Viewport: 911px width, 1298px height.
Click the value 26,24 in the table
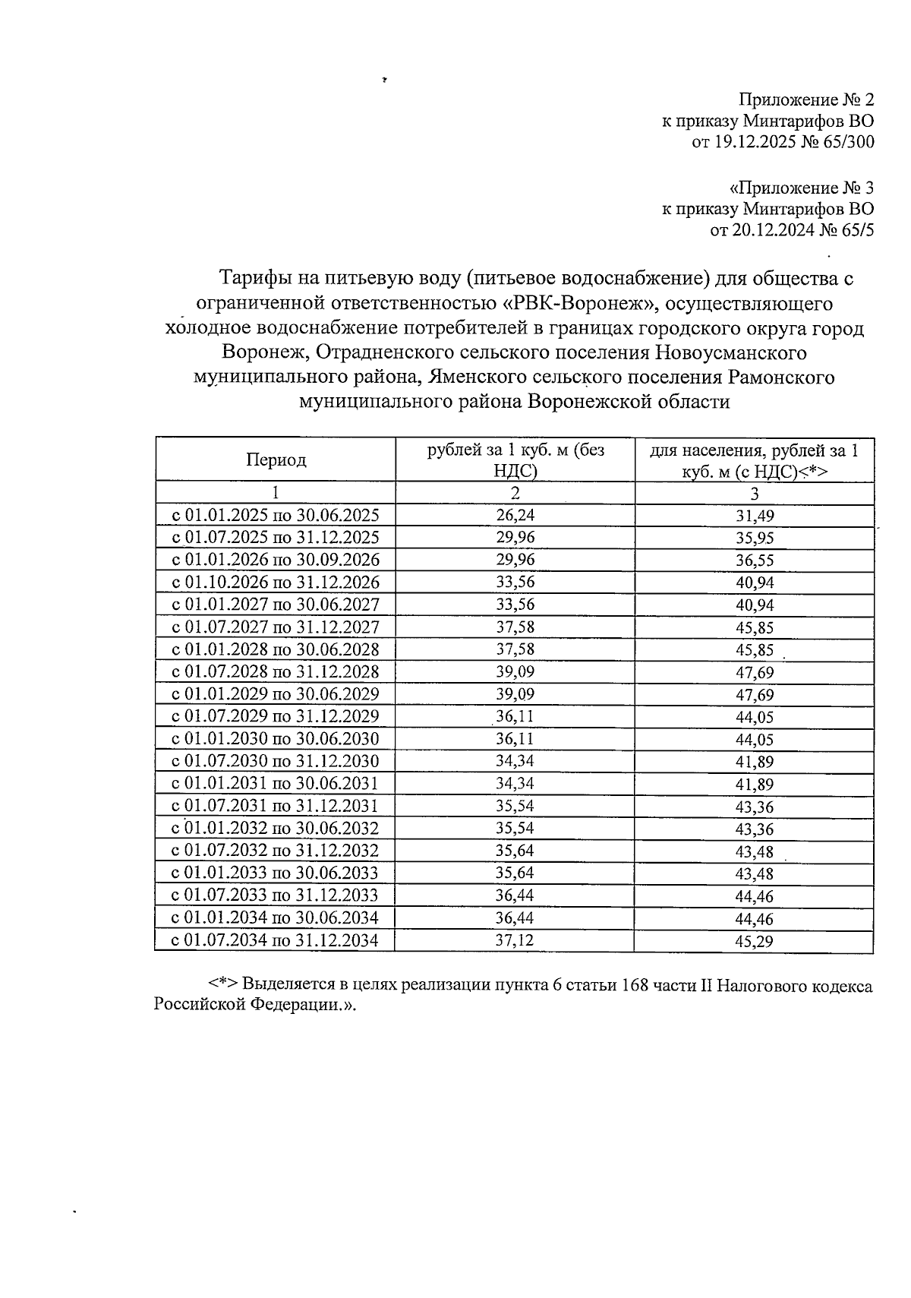[515, 516]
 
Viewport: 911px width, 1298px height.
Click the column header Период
[276, 460]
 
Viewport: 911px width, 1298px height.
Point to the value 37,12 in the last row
[515, 940]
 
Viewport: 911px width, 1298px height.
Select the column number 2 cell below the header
[515, 493]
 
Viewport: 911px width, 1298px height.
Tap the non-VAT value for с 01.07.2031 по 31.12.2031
[515, 806]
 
